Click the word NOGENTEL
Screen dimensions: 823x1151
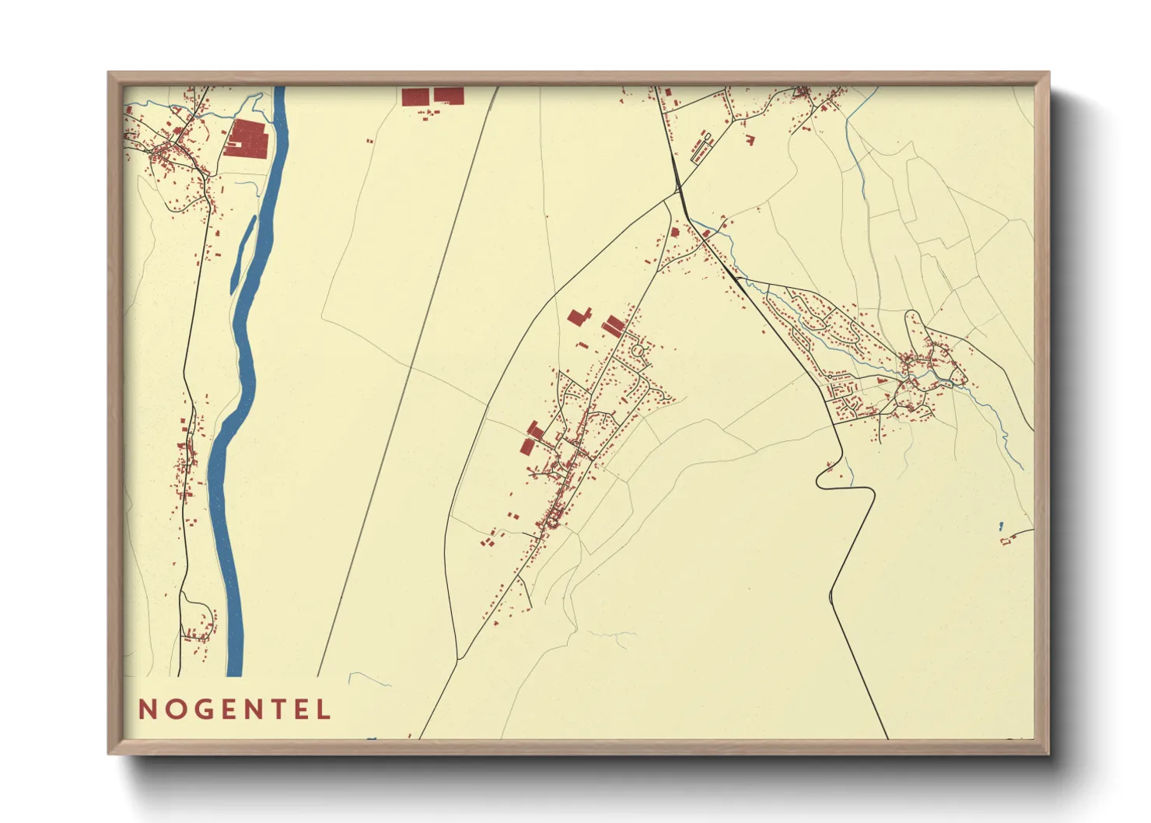coord(234,709)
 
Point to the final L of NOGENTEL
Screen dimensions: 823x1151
coord(324,709)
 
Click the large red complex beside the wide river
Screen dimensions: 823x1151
coord(247,138)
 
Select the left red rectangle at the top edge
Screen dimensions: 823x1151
coord(415,96)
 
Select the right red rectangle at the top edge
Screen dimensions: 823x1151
coord(449,95)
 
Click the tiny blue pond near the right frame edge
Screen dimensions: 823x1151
coord(1000,527)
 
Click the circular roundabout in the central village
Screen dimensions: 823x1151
coord(638,351)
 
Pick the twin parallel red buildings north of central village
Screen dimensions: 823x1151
coord(614,326)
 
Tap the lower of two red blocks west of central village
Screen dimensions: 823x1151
coord(528,446)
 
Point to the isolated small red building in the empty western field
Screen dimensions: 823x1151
coord(370,141)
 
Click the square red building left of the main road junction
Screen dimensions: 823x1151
coord(675,231)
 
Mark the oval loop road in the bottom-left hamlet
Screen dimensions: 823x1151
coord(199,618)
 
